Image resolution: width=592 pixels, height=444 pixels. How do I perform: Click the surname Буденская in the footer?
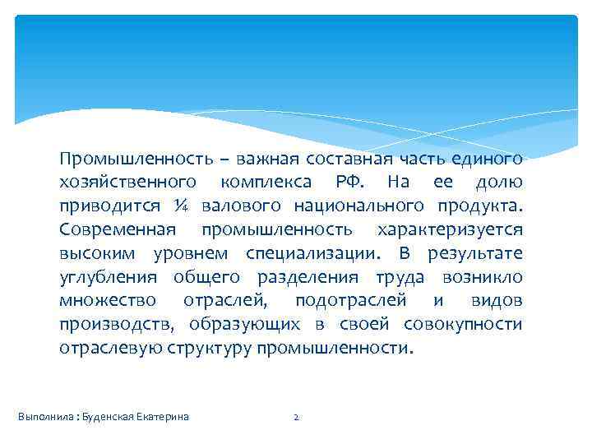point(106,417)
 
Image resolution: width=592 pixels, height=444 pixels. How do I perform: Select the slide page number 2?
point(296,417)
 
